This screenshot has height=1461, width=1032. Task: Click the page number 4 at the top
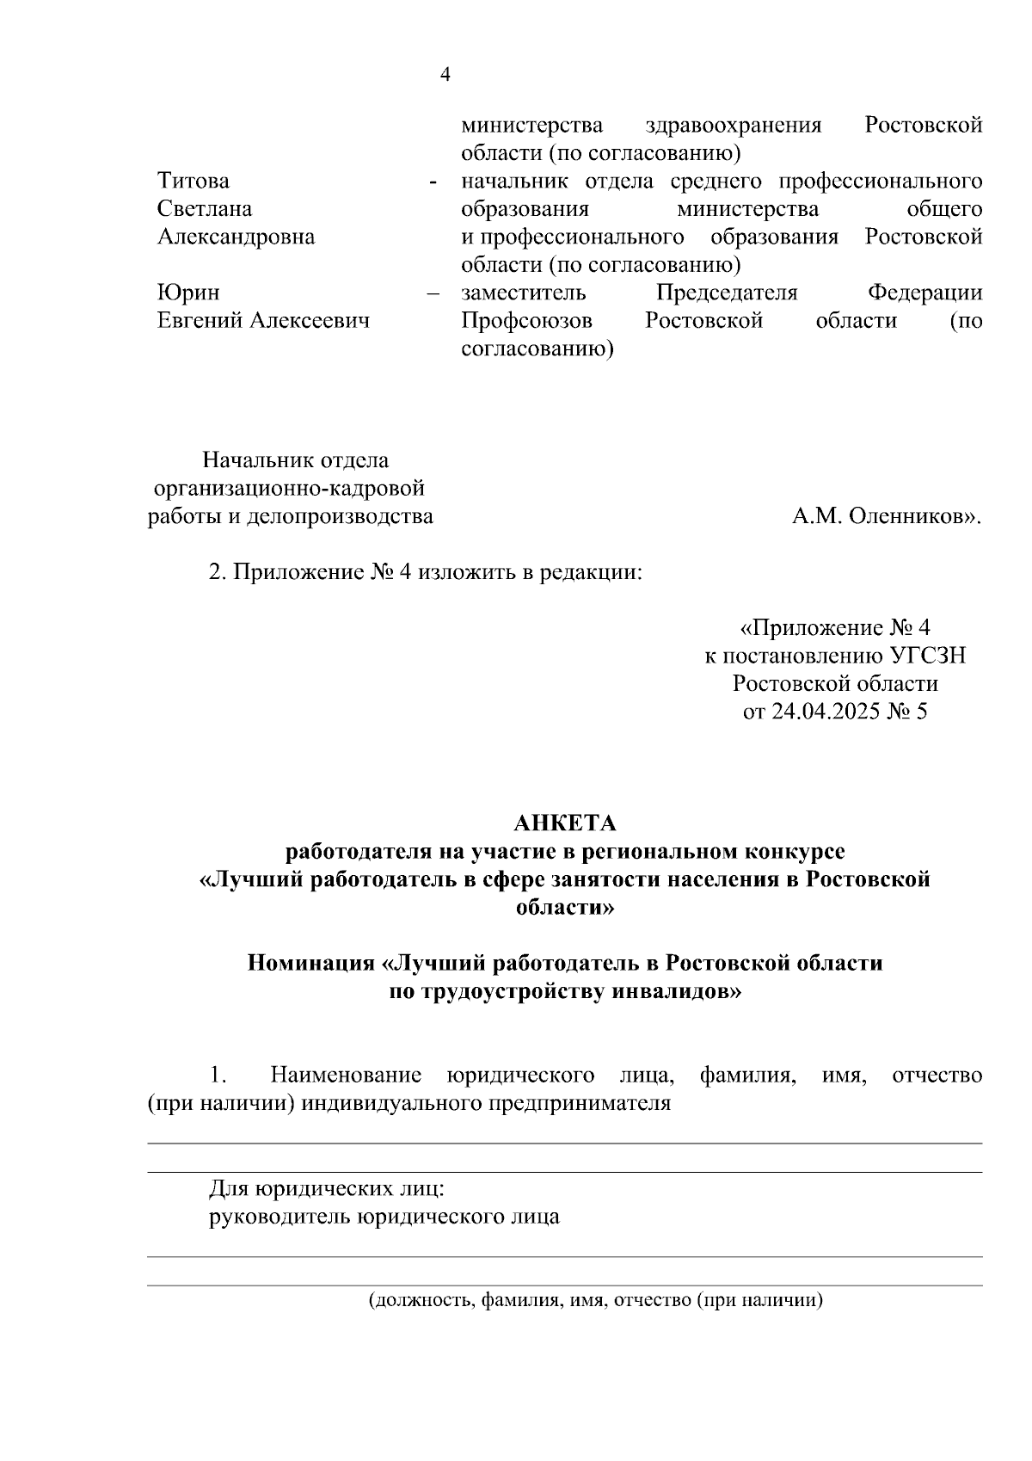(445, 75)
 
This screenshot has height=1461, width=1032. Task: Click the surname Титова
(193, 182)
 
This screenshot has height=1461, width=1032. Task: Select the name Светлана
(205, 209)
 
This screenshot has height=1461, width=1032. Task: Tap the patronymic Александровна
(236, 237)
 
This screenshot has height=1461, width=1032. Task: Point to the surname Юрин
(188, 293)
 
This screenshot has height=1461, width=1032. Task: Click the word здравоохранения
(733, 126)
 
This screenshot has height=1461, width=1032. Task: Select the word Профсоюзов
(526, 321)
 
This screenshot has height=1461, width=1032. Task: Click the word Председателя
(727, 293)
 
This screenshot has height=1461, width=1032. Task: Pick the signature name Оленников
(915, 517)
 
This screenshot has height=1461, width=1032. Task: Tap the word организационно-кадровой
(289, 489)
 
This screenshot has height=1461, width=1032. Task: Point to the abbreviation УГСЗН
(928, 657)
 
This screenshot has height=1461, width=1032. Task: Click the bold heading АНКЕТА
(565, 823)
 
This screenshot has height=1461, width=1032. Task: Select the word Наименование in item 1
(345, 1076)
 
